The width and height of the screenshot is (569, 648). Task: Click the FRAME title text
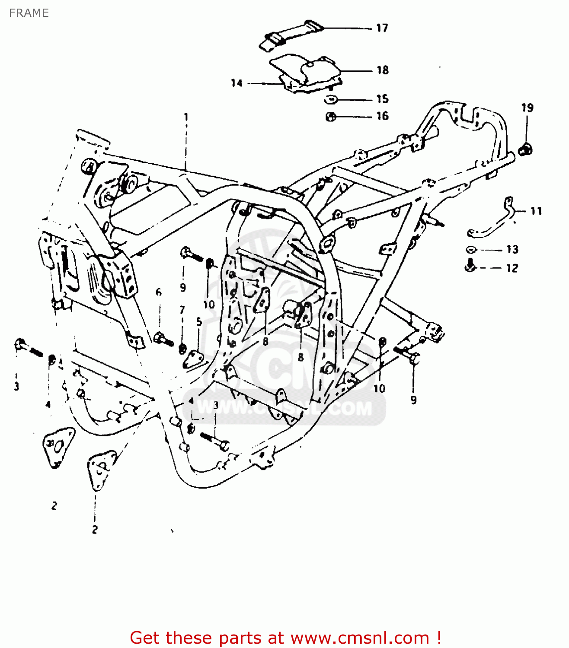pyautogui.click(x=29, y=13)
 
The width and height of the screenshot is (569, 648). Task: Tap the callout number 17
pyautogui.click(x=382, y=28)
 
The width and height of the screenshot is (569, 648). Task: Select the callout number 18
pyautogui.click(x=383, y=70)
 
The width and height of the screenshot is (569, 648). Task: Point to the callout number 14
pyautogui.click(x=237, y=83)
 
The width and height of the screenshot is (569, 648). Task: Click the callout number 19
pyautogui.click(x=527, y=108)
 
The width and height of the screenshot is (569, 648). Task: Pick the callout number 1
pyautogui.click(x=186, y=117)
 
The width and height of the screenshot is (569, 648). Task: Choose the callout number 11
pyautogui.click(x=536, y=211)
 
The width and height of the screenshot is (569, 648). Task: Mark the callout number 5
pyautogui.click(x=199, y=321)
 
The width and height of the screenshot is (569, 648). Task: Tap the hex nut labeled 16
pyautogui.click(x=331, y=117)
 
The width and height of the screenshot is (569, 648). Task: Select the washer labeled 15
pyautogui.click(x=331, y=100)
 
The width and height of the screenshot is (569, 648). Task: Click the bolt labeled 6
pyautogui.click(x=163, y=339)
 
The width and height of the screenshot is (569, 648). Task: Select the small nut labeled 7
pyautogui.click(x=182, y=348)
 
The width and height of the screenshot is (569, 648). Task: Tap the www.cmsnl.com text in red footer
pyautogui.click(x=359, y=638)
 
